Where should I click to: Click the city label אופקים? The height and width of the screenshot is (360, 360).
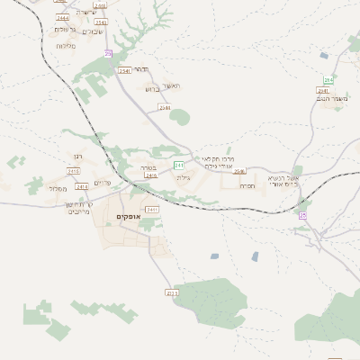(x=127, y=217)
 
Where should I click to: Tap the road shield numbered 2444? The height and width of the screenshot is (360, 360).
(x=62, y=17)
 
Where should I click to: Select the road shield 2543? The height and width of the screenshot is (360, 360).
(x=101, y=22)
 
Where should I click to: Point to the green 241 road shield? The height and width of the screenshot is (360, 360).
(x=179, y=166)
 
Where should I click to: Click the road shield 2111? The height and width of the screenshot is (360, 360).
(x=173, y=292)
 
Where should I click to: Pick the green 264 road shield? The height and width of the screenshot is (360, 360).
(x=328, y=80)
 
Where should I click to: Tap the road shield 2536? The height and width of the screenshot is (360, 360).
(x=238, y=171)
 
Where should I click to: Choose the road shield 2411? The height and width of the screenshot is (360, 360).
(x=152, y=210)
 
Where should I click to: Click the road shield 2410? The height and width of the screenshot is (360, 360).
(x=74, y=170)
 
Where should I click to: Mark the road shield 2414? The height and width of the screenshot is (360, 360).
(x=83, y=186)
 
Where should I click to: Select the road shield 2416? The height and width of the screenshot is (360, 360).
(x=150, y=175)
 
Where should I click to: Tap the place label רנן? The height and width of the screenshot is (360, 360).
(x=78, y=157)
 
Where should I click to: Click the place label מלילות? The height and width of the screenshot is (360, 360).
(x=65, y=46)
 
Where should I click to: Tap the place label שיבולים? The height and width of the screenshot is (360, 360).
(x=93, y=31)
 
